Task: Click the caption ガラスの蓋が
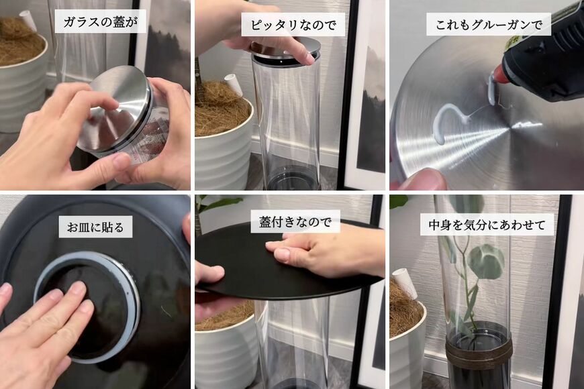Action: [100, 21]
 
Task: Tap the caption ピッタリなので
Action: [293, 25]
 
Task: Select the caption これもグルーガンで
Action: [488, 25]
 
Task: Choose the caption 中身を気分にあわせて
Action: [487, 224]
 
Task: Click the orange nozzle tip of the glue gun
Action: [499, 75]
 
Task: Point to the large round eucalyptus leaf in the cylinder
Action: [487, 262]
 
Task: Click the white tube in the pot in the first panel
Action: [28, 20]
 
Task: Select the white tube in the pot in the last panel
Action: [405, 281]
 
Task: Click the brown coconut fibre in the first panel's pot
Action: [17, 40]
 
